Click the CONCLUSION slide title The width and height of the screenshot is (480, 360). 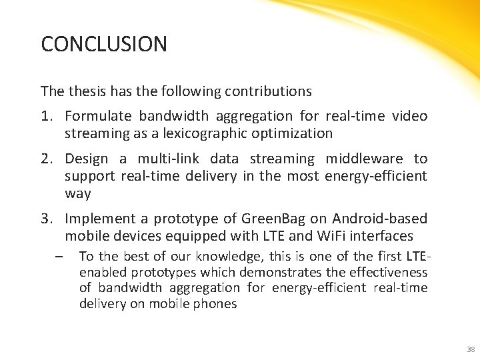tap(103, 45)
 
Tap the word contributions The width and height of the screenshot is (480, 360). tap(269, 91)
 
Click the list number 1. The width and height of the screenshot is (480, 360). tap(46, 117)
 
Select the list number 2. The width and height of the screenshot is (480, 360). tap(46, 159)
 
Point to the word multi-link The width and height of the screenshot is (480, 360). tap(165, 159)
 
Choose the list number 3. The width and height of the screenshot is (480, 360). tap(46, 219)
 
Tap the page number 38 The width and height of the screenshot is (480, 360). tap(471, 349)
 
